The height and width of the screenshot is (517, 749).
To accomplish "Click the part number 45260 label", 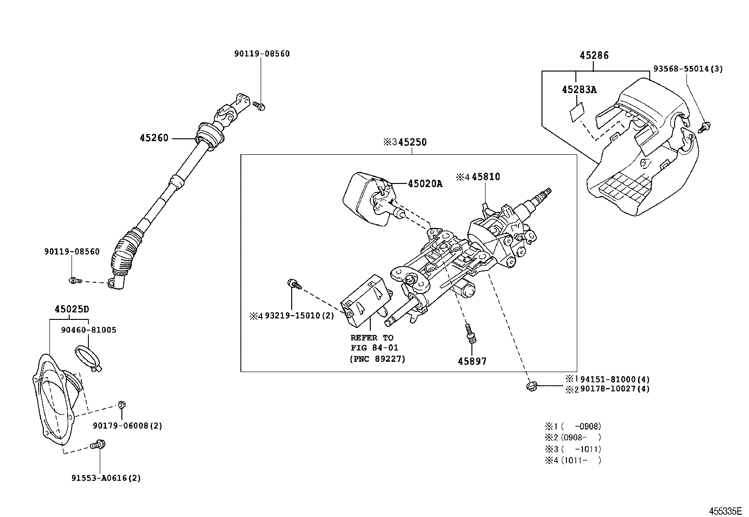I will (x=153, y=138).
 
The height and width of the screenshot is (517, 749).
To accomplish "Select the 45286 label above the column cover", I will (x=594, y=56).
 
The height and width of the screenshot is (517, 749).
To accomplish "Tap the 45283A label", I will (x=579, y=89).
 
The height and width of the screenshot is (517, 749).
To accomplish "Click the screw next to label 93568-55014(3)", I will (x=705, y=126).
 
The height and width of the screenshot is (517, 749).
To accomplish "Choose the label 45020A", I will (x=425, y=184).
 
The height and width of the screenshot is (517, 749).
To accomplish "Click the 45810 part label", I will (x=486, y=177).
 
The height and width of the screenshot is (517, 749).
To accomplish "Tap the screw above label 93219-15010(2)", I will (x=292, y=284).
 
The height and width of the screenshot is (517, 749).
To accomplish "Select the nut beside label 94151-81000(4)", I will (x=531, y=386).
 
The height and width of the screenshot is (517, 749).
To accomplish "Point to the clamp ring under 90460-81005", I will (x=88, y=357).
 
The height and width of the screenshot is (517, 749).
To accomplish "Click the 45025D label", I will (x=72, y=310).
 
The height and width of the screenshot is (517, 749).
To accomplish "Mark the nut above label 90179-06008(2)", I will (x=121, y=404).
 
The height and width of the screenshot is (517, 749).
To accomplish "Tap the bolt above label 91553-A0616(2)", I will (x=99, y=443).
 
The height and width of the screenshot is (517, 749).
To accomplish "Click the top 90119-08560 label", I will (x=262, y=54).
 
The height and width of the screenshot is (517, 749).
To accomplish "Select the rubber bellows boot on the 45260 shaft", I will (x=126, y=254).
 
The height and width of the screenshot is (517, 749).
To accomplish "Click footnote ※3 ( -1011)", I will (x=573, y=449).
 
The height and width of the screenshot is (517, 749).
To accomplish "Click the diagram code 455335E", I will (x=725, y=511).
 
